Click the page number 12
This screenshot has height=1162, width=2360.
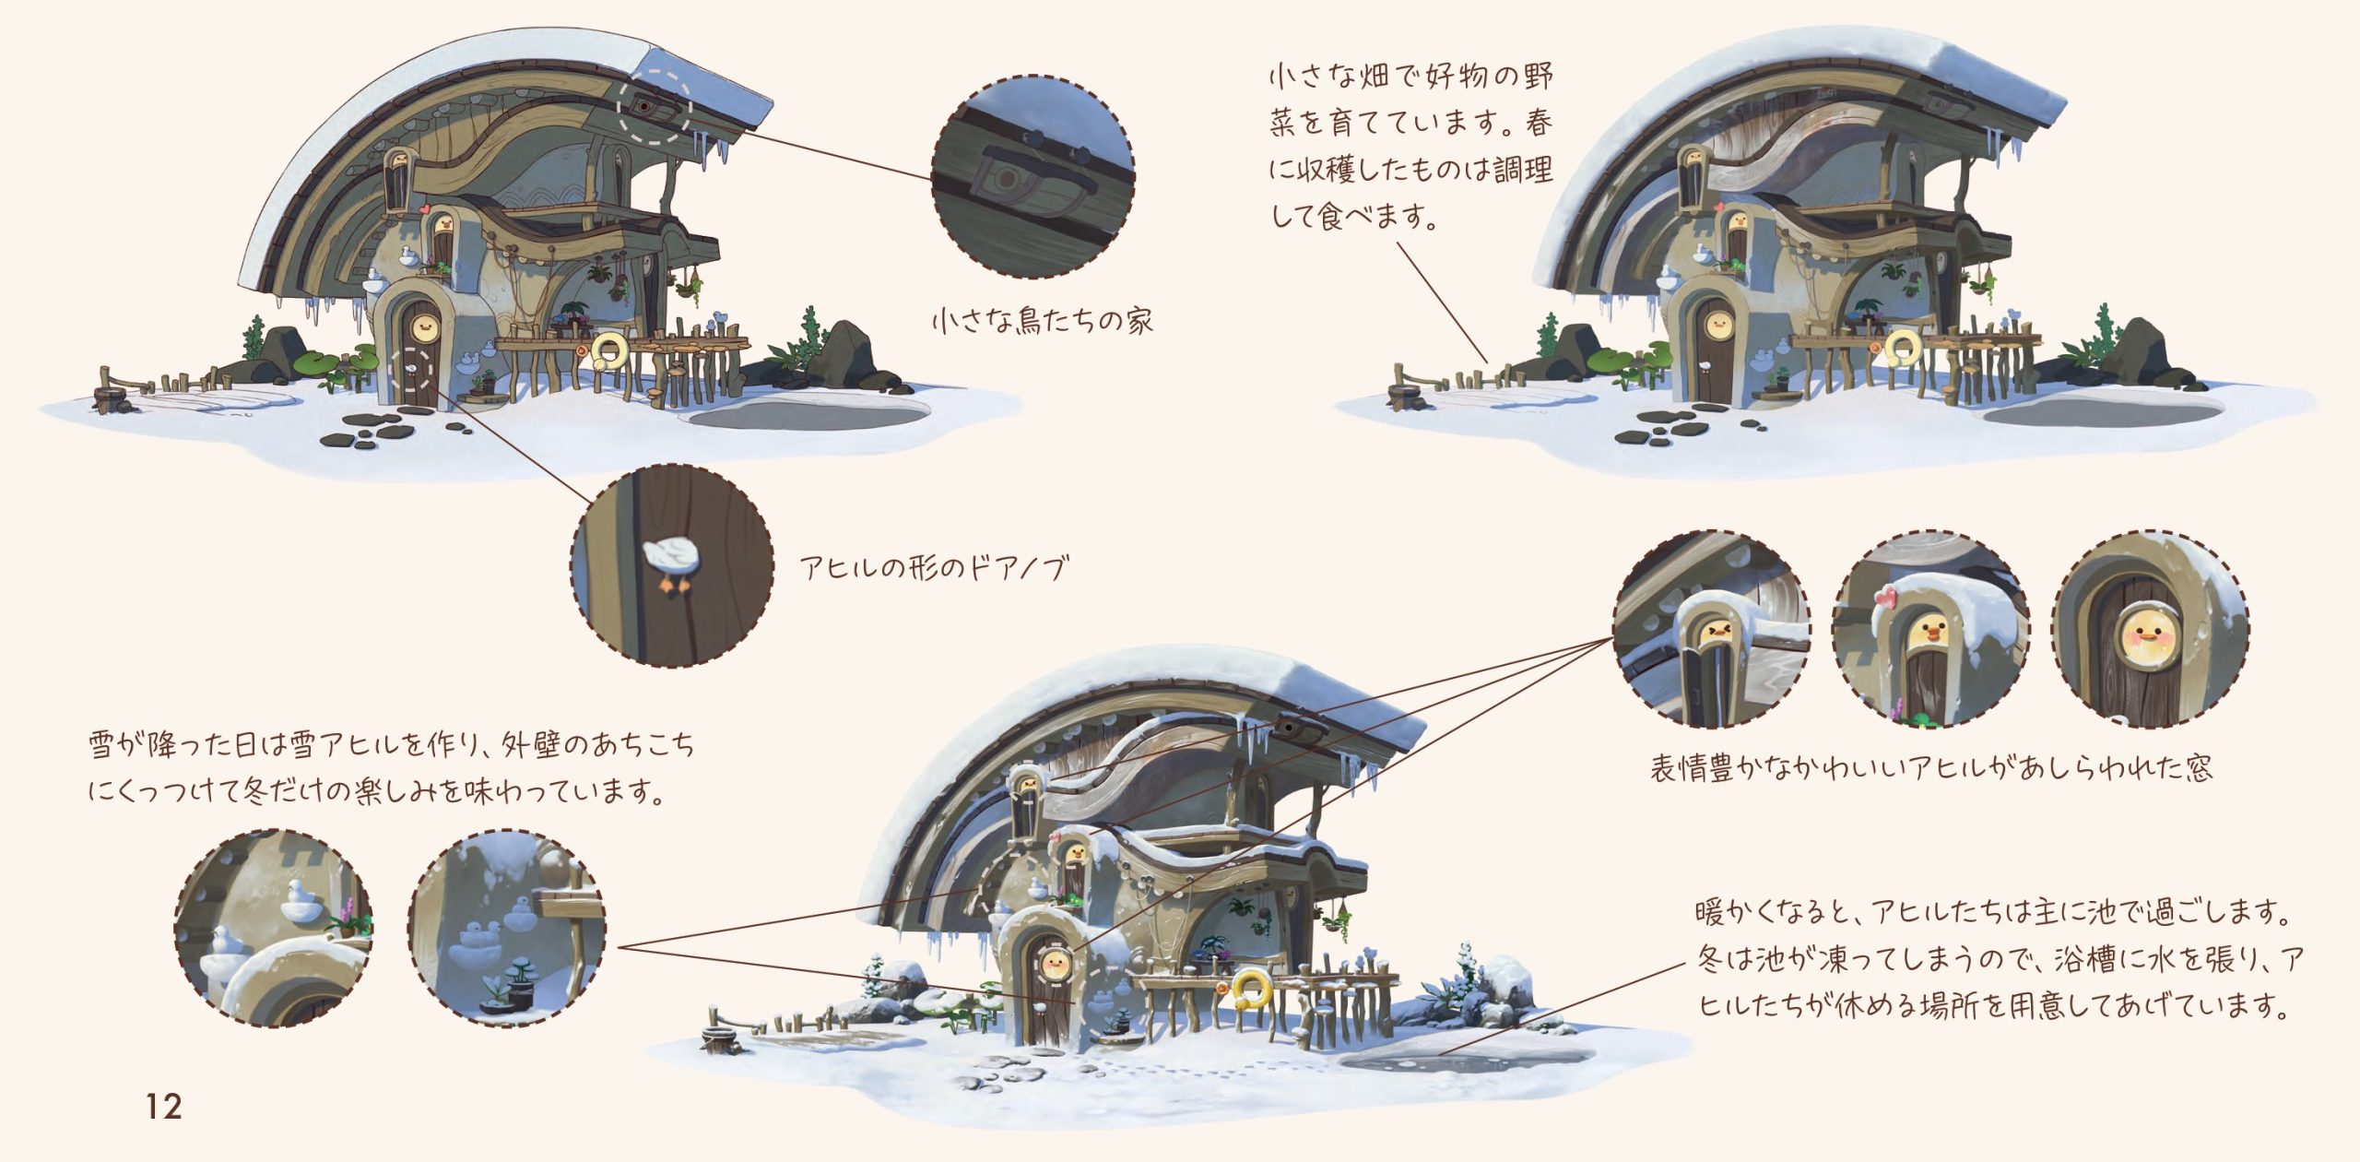[164, 1106]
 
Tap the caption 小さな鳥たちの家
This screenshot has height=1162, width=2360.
[1042, 321]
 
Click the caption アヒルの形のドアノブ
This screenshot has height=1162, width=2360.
[934, 567]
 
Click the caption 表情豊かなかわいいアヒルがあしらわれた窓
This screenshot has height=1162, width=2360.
[1930, 768]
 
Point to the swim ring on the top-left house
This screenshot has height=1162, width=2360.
[609, 350]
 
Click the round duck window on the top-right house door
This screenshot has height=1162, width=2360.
[1717, 323]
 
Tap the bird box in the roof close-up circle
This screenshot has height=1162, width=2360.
[1032, 180]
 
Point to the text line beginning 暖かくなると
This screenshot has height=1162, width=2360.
[1992, 913]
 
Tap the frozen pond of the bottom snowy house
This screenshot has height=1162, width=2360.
[1466, 1059]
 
